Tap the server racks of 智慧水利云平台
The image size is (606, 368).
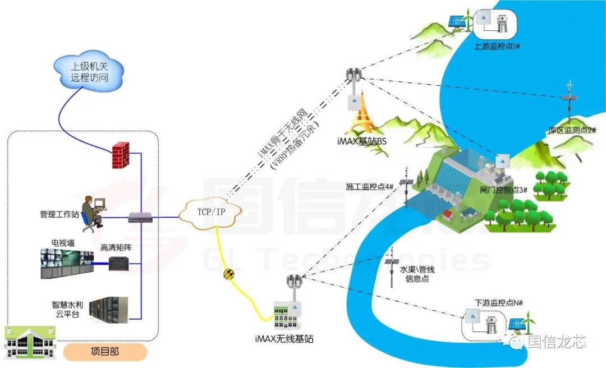pos(110,312)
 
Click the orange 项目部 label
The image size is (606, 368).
pos(105,352)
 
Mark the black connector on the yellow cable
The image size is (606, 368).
pos(229,274)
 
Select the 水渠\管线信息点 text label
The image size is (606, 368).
pos(417,274)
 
